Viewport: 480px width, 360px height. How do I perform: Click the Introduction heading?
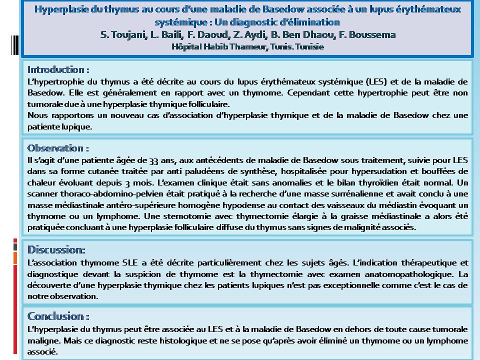[x=58, y=69]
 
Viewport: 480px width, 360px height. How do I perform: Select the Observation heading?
[x=58, y=148]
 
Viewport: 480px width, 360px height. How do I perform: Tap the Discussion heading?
[x=56, y=249]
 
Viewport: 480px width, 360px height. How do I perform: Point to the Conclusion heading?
[x=58, y=316]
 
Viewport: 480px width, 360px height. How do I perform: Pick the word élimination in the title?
[x=317, y=22]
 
